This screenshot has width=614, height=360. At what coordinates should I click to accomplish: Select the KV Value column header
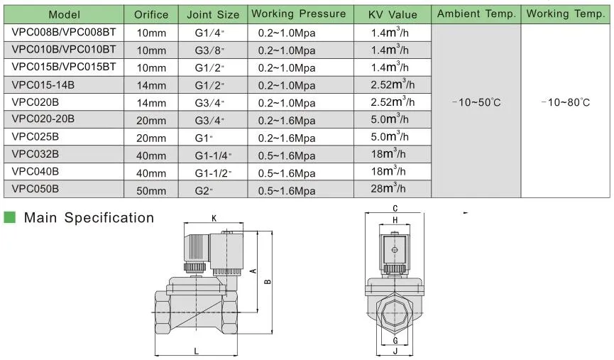[393, 14]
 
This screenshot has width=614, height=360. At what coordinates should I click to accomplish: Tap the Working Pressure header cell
[298, 14]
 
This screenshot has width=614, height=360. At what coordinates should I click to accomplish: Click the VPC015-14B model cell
[43, 84]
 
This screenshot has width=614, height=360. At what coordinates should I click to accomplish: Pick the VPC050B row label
[35, 189]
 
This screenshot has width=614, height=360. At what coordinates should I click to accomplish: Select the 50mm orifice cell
[151, 190]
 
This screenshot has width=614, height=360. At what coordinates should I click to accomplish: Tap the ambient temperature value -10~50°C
[476, 102]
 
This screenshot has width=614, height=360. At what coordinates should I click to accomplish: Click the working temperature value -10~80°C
[565, 102]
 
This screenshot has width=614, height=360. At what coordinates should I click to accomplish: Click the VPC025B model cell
[35, 136]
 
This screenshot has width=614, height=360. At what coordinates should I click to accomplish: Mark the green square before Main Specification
[10, 217]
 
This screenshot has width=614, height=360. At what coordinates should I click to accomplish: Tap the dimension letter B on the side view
[267, 282]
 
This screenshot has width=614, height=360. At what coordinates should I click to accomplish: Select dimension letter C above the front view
[395, 208]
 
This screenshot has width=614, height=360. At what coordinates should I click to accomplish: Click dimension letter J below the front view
[395, 350]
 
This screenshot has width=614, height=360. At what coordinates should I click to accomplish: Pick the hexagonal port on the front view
[395, 312]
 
